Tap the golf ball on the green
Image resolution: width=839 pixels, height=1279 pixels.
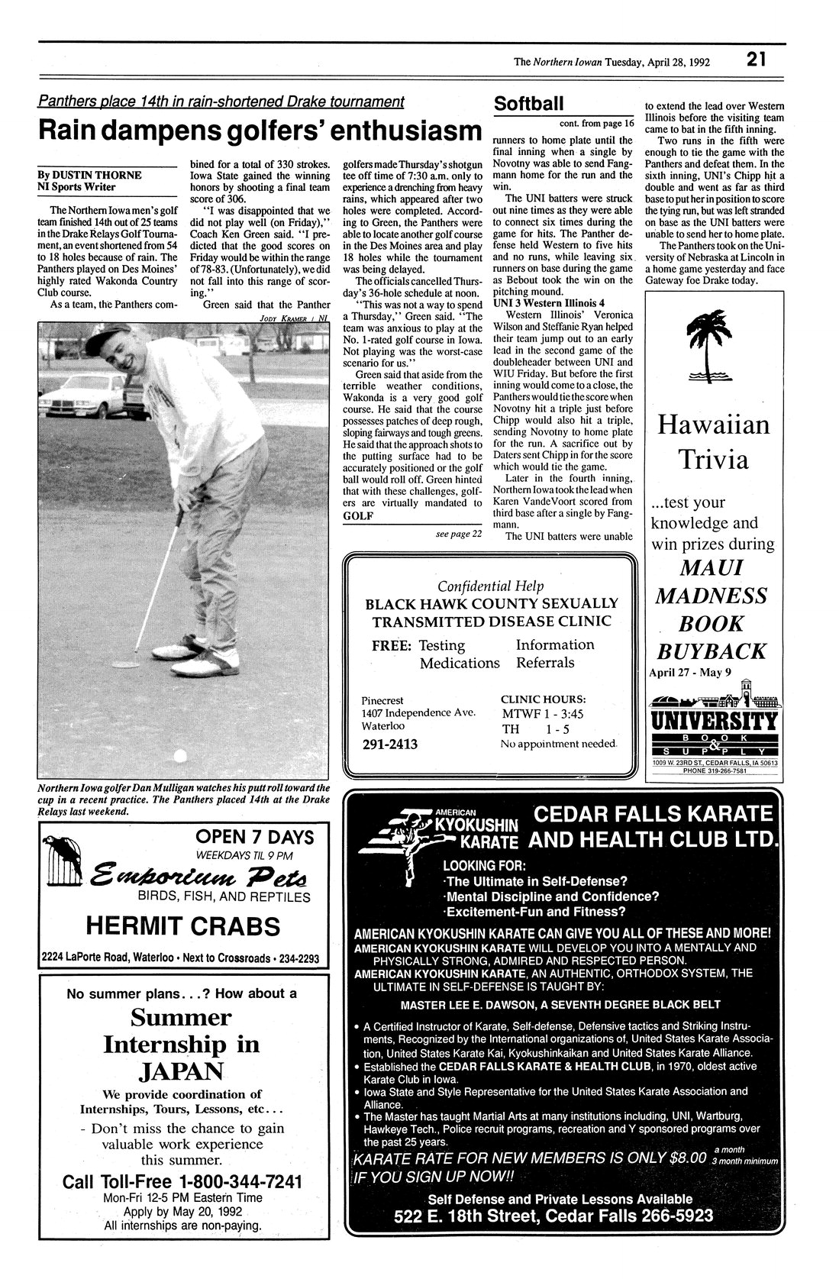pos(180,757)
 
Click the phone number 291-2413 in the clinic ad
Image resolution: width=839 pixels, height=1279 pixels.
pos(389,744)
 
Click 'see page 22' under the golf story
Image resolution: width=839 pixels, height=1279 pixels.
pos(458,534)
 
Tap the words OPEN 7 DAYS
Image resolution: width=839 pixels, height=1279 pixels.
pos(255,838)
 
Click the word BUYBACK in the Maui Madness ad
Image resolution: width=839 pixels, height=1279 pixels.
pos(712,651)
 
